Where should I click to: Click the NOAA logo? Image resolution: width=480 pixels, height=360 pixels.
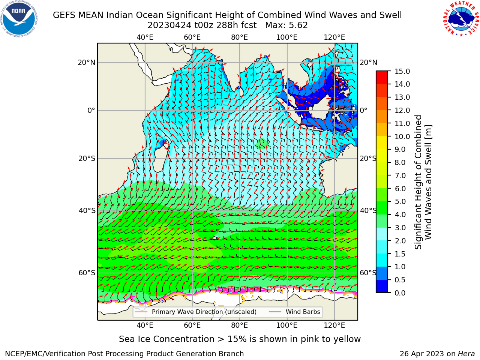pyautogui.click(x=19, y=19)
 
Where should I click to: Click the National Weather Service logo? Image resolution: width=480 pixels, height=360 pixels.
pyautogui.click(x=461, y=18)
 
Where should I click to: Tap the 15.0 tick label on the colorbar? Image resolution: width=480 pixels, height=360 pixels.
pyautogui.click(x=402, y=71)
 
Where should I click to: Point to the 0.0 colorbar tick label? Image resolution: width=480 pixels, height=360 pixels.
pyautogui.click(x=400, y=292)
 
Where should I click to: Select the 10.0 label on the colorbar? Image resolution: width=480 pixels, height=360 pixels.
pyautogui.click(x=402, y=136)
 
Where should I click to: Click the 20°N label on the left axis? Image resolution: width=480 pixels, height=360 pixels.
pyautogui.click(x=86, y=63)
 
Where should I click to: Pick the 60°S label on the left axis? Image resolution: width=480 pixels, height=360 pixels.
pyautogui.click(x=87, y=273)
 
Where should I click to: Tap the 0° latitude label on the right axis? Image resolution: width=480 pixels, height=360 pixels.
pyautogui.click(x=363, y=110)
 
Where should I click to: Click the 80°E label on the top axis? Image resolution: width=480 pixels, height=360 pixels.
pyautogui.click(x=240, y=37)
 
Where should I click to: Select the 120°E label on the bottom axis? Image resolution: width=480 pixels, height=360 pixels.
pyautogui.click(x=334, y=325)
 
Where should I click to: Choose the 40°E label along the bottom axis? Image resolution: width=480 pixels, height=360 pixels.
pyautogui.click(x=145, y=325)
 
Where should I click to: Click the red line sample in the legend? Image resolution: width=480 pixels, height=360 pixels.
pyautogui.click(x=141, y=312)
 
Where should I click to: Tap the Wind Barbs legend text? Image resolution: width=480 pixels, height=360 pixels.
pyautogui.click(x=303, y=312)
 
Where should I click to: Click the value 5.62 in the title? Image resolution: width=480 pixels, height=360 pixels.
pyautogui.click(x=298, y=25)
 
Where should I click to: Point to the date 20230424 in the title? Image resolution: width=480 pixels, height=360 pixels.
pyautogui.click(x=169, y=25)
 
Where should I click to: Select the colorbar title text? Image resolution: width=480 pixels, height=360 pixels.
pyautogui.click(x=423, y=182)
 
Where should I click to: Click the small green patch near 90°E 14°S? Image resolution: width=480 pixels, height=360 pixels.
pyautogui.click(x=261, y=144)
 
